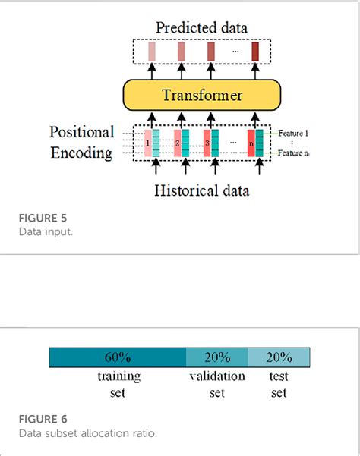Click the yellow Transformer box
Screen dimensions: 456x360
point(201,96)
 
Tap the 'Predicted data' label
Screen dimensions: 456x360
point(201,28)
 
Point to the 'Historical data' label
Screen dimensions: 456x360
point(201,190)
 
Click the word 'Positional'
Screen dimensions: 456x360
point(81,132)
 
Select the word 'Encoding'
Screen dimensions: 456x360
point(81,153)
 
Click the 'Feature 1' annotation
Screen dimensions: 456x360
point(292,133)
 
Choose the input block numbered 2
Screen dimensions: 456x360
point(178,143)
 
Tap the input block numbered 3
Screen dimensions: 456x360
point(206,143)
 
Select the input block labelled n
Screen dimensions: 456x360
point(251,143)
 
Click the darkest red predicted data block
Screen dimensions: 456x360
point(255,52)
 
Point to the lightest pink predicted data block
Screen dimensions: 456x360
point(152,52)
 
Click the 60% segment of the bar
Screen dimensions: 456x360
point(117,357)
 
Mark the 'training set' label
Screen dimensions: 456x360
point(117,384)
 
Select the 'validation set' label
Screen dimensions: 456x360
point(217,384)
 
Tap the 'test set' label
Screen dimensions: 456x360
point(279,384)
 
